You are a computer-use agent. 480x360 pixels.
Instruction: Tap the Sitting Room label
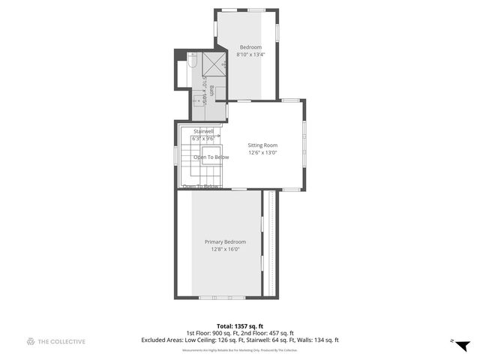click(262, 145)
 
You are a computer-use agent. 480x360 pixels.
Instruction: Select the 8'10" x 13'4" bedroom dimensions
click(250, 54)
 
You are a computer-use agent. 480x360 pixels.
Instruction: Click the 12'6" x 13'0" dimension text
click(262, 153)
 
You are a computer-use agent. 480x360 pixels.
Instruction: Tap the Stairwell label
click(203, 131)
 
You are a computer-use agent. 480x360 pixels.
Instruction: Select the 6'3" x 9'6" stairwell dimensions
click(203, 139)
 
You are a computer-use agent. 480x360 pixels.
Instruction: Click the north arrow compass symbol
click(463, 345)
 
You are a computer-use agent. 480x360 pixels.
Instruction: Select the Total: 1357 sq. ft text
click(240, 326)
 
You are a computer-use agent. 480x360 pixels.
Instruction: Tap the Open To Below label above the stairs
click(211, 157)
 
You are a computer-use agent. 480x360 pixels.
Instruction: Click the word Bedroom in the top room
click(250, 47)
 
